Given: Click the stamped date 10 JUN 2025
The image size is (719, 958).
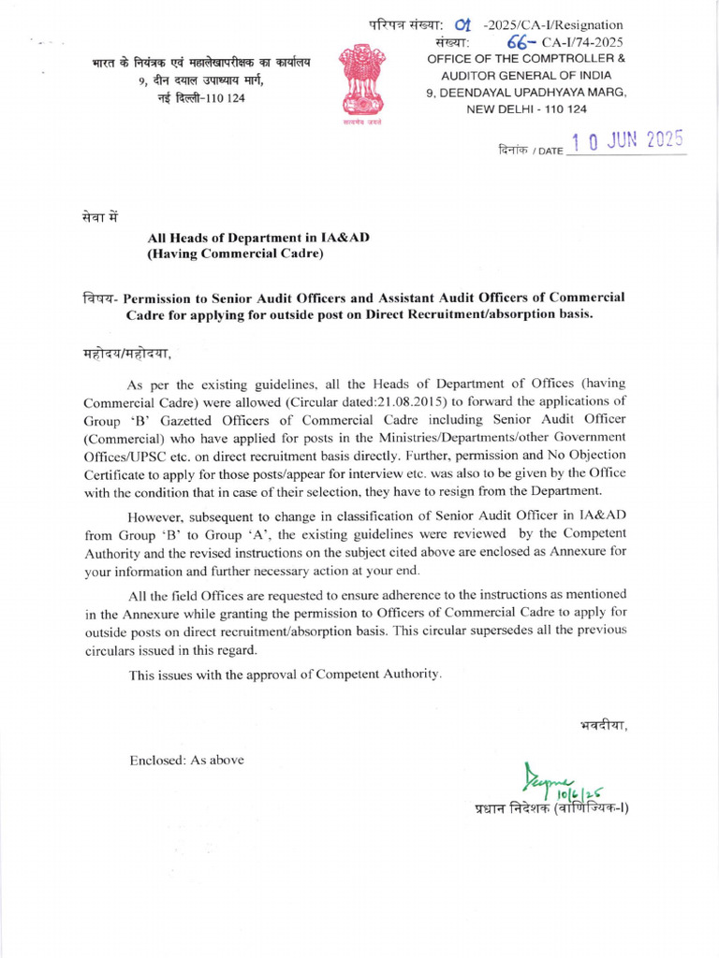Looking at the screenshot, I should (627, 142).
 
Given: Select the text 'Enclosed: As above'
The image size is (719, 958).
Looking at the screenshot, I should (186, 760).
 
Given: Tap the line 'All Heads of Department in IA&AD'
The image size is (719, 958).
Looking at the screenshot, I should (257, 238).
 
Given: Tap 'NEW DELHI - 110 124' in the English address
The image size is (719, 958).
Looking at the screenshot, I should (526, 109).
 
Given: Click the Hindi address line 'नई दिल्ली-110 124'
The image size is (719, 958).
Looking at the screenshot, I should (201, 98).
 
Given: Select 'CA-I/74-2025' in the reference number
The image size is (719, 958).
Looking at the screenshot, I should (581, 42).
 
